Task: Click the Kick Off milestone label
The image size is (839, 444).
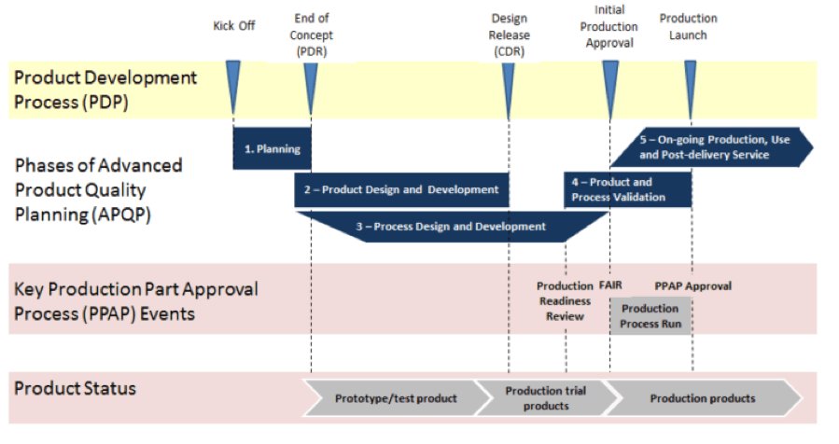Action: (234, 26)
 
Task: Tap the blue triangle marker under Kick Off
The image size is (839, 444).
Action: (233, 86)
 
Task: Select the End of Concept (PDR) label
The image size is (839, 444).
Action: (312, 35)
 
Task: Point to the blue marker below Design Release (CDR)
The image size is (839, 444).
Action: (509, 89)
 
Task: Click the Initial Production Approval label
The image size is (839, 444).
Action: (608, 27)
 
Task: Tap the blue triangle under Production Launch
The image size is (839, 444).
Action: (691, 89)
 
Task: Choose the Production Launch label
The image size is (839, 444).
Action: (688, 27)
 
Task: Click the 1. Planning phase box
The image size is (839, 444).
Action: (272, 148)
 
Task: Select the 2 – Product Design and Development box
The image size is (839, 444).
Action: (401, 190)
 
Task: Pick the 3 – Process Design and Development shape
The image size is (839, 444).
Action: (452, 227)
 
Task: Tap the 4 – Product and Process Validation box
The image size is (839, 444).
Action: (628, 189)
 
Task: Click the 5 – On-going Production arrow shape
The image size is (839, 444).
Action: (712, 147)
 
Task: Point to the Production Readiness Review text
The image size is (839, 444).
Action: (565, 301)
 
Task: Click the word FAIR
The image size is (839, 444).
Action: (610, 285)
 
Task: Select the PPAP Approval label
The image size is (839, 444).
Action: (692, 286)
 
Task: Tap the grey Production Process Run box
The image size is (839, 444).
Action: (650, 316)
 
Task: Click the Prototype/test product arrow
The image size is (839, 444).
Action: (396, 398)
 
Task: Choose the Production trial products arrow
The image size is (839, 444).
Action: (546, 398)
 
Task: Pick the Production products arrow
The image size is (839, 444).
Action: (703, 398)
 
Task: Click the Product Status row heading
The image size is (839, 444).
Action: (75, 388)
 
